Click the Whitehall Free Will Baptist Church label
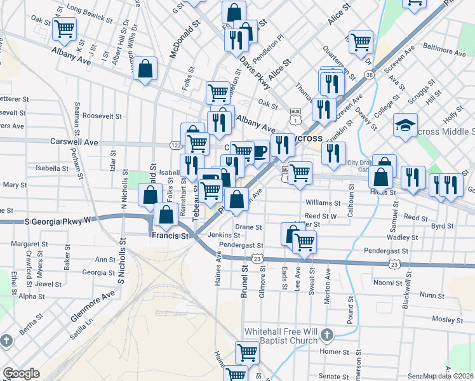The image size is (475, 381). (281, 336)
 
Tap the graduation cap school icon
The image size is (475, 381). (405, 125)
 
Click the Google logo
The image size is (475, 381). (21, 373)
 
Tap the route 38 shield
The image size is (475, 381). (369, 75)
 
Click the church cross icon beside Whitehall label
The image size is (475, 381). (326, 335)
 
